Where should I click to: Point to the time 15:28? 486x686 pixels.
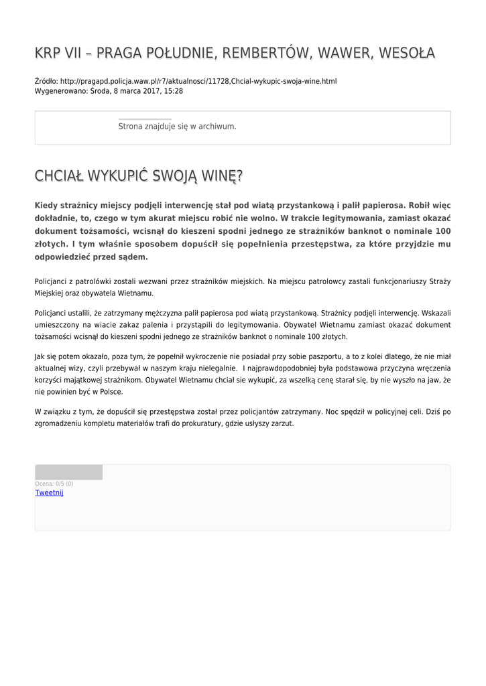click(x=174, y=91)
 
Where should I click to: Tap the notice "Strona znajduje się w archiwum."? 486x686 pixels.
click(x=177, y=126)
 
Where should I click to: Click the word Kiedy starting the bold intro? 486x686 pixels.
click(x=47, y=206)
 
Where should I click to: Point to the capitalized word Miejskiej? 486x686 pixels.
click(x=50, y=293)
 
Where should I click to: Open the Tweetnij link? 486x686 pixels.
click(x=49, y=492)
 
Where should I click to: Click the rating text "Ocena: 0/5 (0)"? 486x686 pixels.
click(x=54, y=484)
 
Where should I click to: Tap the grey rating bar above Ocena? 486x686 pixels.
click(x=68, y=472)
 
